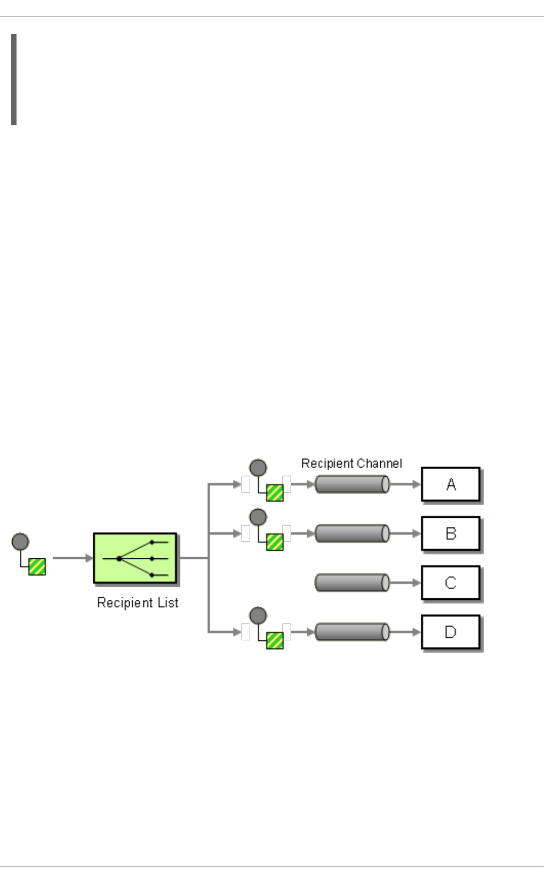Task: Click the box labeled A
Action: (451, 484)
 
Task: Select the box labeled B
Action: (451, 533)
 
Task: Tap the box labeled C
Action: (451, 583)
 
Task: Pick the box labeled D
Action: (451, 632)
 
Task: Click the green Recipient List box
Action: (135, 558)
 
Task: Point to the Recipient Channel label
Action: (351, 463)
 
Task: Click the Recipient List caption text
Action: (138, 603)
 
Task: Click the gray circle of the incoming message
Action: (20, 542)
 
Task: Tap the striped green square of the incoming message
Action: (37, 566)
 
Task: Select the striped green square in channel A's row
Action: (275, 493)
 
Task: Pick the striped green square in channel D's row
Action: (275, 640)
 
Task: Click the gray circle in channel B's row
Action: (258, 517)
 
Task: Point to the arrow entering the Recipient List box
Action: (73, 558)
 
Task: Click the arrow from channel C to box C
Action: (405, 583)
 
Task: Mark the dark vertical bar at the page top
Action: (14, 80)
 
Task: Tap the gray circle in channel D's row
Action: (258, 615)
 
